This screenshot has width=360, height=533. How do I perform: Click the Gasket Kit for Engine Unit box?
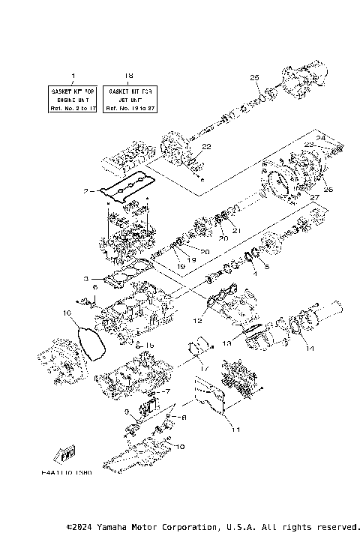[73, 99]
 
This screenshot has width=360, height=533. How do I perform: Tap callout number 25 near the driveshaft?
[254, 77]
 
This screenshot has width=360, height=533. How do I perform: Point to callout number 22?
[207, 146]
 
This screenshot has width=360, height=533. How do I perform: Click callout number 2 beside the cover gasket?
[87, 191]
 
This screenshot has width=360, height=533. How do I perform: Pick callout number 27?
[315, 197]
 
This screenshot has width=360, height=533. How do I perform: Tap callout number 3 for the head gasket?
[87, 277]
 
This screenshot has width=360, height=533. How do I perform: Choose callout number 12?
[198, 320]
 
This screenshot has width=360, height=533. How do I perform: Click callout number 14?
[308, 349]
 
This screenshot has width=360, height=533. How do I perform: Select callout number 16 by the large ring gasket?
[67, 312]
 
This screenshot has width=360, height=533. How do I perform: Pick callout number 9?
[127, 411]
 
